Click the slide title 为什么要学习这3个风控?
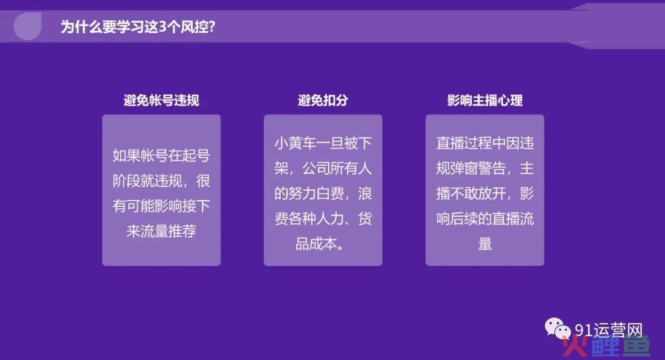138,26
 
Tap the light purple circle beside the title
28,26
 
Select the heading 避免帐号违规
161,100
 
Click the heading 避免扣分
323,100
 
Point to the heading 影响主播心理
485,100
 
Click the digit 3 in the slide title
163,26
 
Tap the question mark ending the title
212,26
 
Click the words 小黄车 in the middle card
295,143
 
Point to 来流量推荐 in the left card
161,231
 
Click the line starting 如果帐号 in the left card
161,156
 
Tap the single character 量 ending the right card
485,244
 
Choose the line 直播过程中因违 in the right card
485,143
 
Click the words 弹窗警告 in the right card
478,169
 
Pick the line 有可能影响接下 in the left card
161,206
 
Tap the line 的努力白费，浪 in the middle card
323,194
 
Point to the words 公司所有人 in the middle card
337,169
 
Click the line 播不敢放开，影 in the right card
485,194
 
